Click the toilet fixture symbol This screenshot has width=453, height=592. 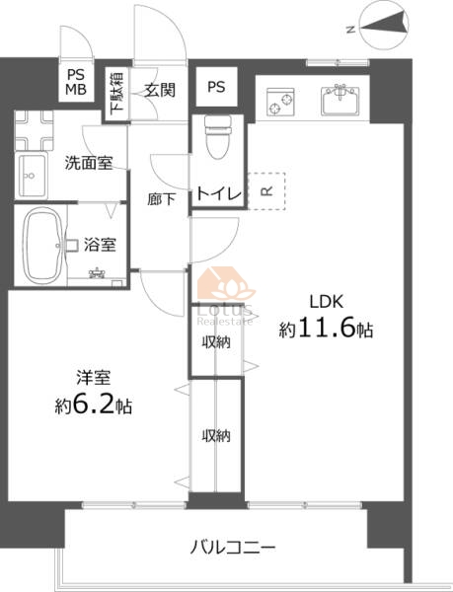tap(217, 137)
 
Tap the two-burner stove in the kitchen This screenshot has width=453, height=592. tap(280, 102)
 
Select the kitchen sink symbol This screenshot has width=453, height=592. tap(340, 101)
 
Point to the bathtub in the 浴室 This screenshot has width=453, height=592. tap(43, 246)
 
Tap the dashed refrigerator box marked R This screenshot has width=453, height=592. tap(266, 191)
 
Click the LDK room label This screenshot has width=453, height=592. tap(326, 302)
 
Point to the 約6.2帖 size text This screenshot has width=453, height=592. tap(93, 405)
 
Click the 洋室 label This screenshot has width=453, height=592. tap(93, 378)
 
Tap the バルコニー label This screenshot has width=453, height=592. tap(233, 547)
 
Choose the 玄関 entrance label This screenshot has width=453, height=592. tap(160, 90)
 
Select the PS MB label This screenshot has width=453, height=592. tap(76, 82)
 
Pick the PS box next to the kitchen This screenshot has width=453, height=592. tap(216, 87)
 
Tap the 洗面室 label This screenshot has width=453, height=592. tap(89, 163)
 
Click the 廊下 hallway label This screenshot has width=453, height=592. tap(161, 199)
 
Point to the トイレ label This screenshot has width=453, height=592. tap(219, 194)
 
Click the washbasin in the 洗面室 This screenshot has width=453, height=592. tap(32, 176)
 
